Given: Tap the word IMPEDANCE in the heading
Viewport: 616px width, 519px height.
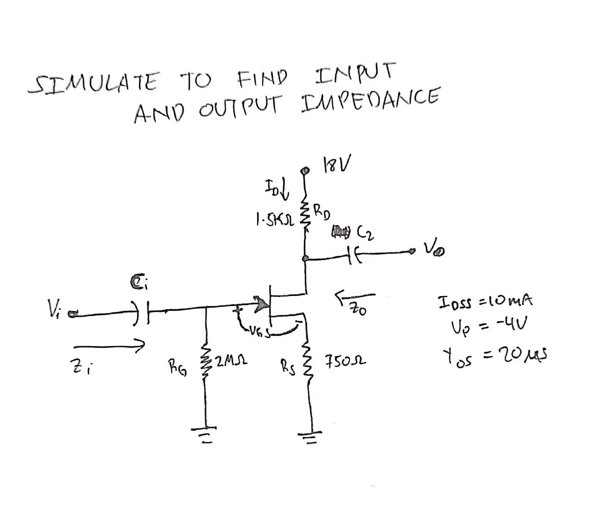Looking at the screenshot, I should pyautogui.click(x=369, y=100).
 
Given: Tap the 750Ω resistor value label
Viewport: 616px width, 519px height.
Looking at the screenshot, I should pyautogui.click(x=344, y=360).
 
